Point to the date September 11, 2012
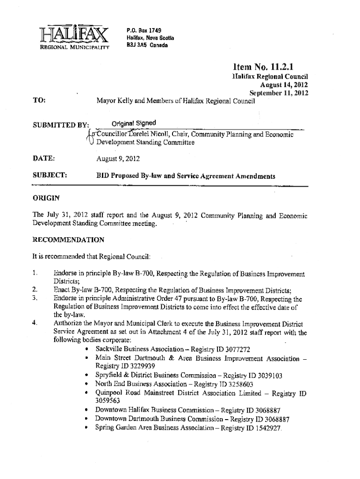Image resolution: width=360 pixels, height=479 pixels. coord(279,93)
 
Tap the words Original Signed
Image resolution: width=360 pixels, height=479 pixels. coord(134,123)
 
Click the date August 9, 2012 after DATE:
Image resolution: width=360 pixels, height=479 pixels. coord(117,159)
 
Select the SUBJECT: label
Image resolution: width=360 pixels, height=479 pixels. coord(50,176)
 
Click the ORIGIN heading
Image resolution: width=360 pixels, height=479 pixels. coord(45,198)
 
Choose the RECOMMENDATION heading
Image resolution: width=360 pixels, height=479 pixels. coord(68,239)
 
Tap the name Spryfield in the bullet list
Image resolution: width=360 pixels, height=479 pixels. coord(108,376)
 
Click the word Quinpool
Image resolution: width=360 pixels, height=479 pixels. coord(110,392)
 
